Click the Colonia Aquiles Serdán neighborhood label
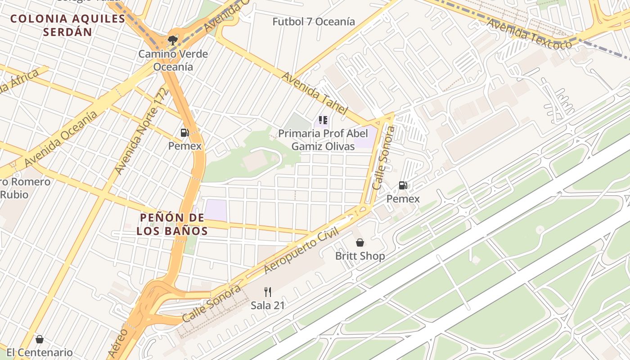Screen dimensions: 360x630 [x=67, y=25]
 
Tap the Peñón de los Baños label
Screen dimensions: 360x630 [x=172, y=224]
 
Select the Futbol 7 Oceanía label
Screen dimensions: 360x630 [x=314, y=21]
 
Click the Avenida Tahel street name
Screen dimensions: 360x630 [x=315, y=93]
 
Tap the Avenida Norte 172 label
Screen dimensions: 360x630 [x=141, y=131]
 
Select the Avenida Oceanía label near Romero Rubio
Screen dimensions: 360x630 [x=61, y=139]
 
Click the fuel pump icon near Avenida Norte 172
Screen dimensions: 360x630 [x=184, y=133]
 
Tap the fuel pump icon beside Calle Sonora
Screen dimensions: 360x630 [x=403, y=185]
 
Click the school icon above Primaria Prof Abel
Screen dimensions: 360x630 [x=323, y=120]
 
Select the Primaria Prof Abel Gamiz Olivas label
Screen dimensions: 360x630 [x=323, y=140]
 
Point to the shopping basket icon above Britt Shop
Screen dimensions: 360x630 [x=360, y=243]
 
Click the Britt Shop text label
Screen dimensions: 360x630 [x=360, y=256]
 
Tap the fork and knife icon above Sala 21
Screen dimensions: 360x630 [x=268, y=292]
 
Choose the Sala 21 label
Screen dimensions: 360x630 [x=268, y=305]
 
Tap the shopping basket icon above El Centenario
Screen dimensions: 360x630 [x=40, y=339]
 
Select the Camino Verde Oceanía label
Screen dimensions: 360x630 [x=173, y=60]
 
